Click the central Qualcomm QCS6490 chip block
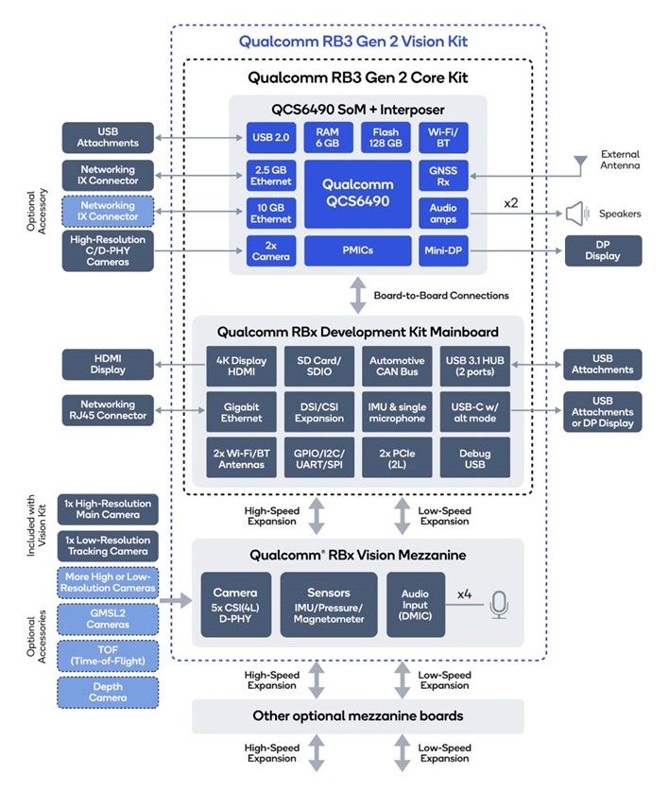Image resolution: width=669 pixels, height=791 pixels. pos(357,194)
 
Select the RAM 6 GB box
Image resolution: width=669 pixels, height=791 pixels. pos(328,138)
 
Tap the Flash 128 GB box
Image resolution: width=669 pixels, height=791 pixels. pos(386,138)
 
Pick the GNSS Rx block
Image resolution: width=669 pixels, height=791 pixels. pos(443,176)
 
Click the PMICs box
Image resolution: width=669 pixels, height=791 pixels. pos(357,251)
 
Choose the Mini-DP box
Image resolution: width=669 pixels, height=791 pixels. pos(443,251)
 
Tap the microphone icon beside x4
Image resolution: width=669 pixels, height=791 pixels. pos(498,604)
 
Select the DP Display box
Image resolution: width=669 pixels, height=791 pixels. pos(603,250)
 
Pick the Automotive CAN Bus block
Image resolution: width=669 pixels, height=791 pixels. pos(395,366)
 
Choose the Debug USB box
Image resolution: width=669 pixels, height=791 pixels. pos(474,457)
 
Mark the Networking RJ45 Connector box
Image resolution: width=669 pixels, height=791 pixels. pos(108,409)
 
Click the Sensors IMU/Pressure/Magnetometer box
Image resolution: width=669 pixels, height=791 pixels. pos(329,604)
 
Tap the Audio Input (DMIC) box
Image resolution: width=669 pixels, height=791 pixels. pos(415,604)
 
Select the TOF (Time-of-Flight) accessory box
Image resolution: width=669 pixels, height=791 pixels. pos(108,655)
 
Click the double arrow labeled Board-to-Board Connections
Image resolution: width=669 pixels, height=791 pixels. pos(357,295)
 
